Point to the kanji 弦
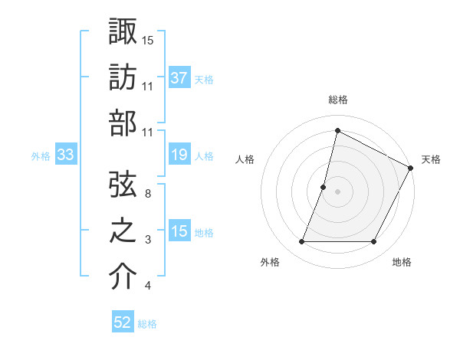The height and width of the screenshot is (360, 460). [x=123, y=184]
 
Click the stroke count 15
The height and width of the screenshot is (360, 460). [x=148, y=40]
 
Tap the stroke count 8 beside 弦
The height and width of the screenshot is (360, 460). [x=148, y=194]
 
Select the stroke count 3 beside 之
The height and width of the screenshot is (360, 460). [x=148, y=240]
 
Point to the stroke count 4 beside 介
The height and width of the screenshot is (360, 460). [x=148, y=286]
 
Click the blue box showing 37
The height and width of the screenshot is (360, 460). [x=179, y=78]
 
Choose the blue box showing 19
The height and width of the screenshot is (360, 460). [x=179, y=155]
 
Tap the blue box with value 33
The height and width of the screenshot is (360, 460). [x=65, y=155]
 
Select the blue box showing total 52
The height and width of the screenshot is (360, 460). [x=123, y=322]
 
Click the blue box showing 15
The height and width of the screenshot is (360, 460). [x=179, y=232]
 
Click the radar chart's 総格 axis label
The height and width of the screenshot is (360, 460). [x=337, y=100]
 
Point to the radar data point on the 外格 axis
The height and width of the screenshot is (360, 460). [x=301, y=242]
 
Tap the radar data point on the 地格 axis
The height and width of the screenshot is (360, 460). [x=374, y=242]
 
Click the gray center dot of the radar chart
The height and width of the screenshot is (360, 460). [x=337, y=191]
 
